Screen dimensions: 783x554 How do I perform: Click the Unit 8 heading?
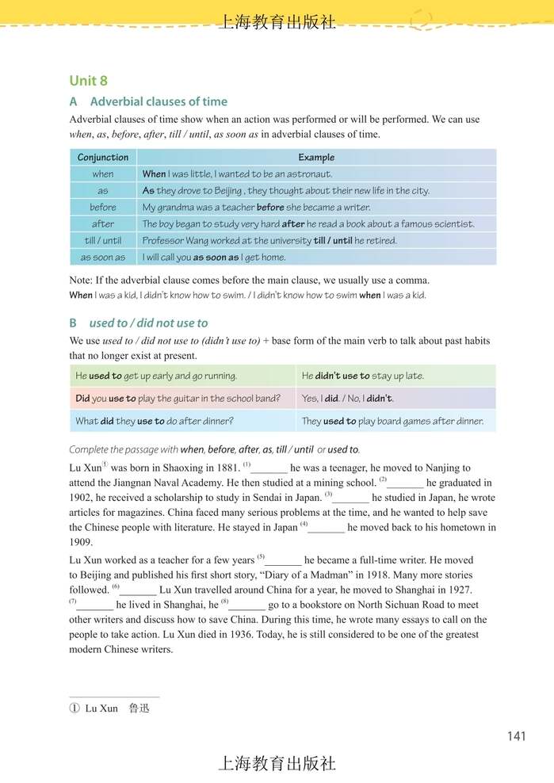(x=88, y=81)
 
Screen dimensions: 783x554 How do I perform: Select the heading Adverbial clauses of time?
(x=159, y=101)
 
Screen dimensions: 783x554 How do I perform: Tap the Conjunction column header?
(x=103, y=157)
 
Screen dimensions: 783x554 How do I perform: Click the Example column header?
(x=316, y=157)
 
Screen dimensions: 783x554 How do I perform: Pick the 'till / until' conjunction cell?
(x=103, y=240)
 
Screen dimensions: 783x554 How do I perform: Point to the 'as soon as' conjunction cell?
(x=103, y=257)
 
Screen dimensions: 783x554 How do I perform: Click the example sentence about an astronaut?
(x=237, y=174)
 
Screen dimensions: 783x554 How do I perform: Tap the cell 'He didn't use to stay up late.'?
(x=362, y=376)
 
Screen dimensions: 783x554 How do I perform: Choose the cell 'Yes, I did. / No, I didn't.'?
(x=347, y=398)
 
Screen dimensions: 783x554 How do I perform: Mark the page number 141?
(x=516, y=736)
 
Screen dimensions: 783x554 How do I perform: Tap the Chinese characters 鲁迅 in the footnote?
(x=139, y=708)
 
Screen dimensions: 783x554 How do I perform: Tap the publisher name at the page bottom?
(x=277, y=763)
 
